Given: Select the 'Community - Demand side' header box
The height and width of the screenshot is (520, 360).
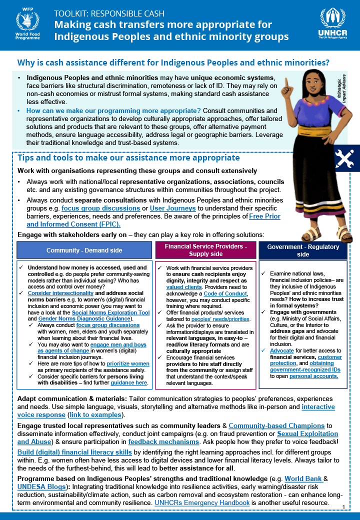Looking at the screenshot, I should [84, 250].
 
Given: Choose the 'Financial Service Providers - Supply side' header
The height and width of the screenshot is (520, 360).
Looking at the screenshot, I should [205, 250].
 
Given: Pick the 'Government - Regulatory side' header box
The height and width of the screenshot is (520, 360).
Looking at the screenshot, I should [303, 250].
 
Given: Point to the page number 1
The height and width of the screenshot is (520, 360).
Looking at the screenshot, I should [344, 507].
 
